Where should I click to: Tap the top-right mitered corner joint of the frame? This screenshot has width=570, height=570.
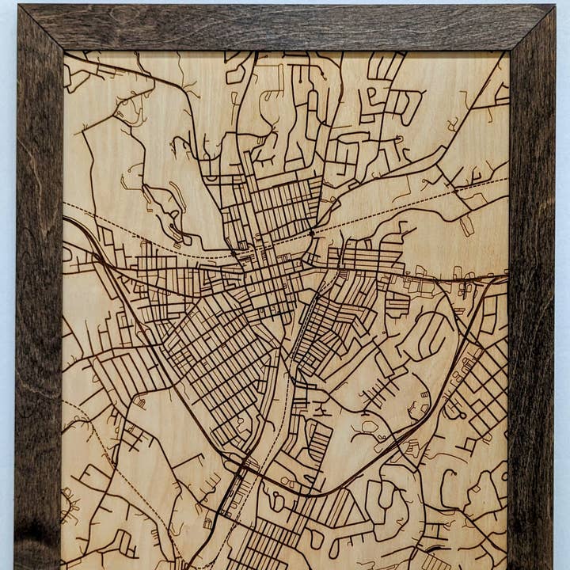tap(531, 28)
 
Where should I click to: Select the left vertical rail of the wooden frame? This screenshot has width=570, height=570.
tap(38, 317)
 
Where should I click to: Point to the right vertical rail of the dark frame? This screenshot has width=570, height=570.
tap(531, 317)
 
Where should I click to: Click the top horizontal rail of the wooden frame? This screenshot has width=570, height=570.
tap(285, 27)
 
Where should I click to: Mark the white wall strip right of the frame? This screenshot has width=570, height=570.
tap(562, 317)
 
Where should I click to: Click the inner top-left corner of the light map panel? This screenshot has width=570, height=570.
tap(64, 53)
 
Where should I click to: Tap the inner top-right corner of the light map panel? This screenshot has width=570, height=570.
tap(508, 53)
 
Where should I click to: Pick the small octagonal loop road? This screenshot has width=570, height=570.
tap(369, 428)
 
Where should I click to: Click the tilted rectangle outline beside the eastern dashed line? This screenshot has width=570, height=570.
tap(467, 226)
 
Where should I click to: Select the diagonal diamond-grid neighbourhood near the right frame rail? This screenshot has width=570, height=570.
tap(479, 388)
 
